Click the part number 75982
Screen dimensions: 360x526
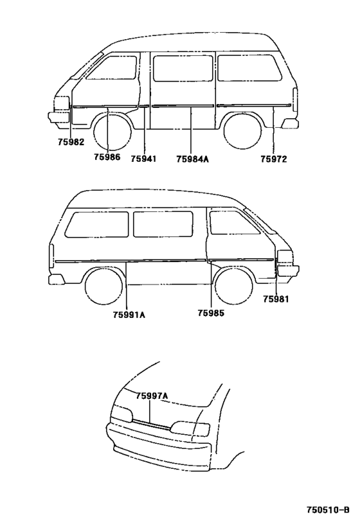[x=71, y=142]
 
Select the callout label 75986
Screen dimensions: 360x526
[x=107, y=157]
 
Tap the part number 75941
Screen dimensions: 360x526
[x=143, y=159]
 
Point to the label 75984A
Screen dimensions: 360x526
[x=192, y=159]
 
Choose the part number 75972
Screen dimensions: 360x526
[x=274, y=159]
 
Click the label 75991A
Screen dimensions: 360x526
[x=129, y=315]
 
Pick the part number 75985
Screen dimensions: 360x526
[x=211, y=313]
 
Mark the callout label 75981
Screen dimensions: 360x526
[x=276, y=299]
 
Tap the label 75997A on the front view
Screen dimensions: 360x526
[x=152, y=396]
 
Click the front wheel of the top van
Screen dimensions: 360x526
[x=112, y=132]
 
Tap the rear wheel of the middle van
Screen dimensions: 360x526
[x=104, y=286]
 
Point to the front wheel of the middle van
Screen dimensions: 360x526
[x=234, y=286]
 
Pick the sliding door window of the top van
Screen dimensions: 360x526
[x=183, y=68]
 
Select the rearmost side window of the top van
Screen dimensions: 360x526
[x=249, y=68]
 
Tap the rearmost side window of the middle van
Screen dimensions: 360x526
[x=96, y=224]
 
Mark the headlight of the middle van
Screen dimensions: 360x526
[x=284, y=258]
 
